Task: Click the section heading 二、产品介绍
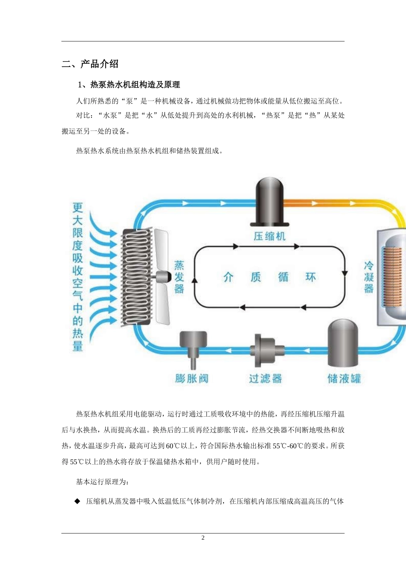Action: point(90,64)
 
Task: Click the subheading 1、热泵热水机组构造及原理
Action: point(129,85)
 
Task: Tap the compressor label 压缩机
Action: point(269,236)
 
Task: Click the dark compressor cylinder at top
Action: point(269,201)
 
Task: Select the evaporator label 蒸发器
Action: point(179,277)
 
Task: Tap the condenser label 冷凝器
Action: point(369,277)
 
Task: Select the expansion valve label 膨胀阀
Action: point(191,379)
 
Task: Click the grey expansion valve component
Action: point(193,347)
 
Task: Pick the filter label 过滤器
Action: point(265,379)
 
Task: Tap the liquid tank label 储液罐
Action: point(344,379)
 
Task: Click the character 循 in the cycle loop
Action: point(283,277)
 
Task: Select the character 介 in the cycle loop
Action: point(229,277)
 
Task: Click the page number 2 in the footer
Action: point(203,538)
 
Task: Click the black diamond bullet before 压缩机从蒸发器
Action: point(77,501)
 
